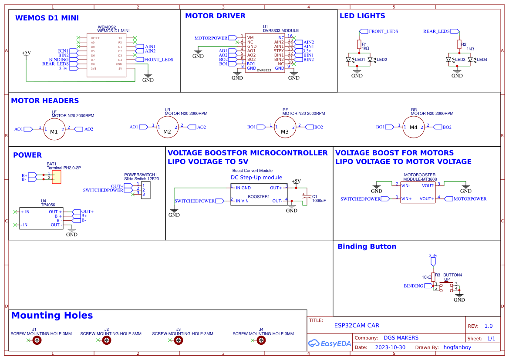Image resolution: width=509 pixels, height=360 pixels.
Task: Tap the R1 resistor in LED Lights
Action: (359, 44)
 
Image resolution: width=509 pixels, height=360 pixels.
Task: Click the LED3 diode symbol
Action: (449, 59)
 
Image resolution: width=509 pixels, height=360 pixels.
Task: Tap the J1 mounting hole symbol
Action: (37, 340)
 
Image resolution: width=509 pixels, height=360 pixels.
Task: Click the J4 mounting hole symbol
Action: (261, 340)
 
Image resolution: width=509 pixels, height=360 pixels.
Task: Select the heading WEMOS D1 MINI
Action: (47, 18)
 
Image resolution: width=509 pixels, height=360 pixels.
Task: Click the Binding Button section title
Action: (367, 246)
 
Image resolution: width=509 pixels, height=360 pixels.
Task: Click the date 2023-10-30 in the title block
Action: (390, 347)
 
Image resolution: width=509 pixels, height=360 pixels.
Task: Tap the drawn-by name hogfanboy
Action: (457, 347)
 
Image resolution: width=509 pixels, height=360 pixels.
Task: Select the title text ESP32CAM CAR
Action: (357, 325)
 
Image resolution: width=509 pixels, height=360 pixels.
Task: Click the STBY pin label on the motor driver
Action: (279, 51)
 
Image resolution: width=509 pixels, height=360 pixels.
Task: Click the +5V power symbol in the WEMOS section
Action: (26, 53)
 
